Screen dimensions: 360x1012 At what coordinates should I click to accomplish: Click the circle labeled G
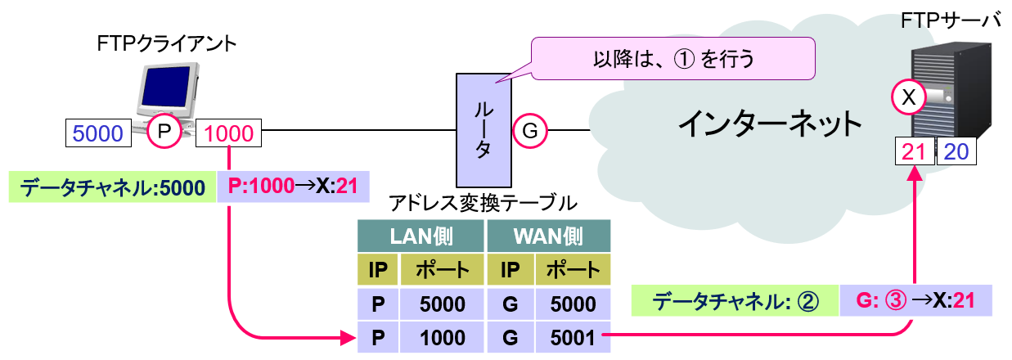tap(529, 131)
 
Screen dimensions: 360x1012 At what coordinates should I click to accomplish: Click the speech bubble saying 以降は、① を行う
tap(673, 59)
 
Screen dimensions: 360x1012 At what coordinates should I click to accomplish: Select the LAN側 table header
tap(421, 237)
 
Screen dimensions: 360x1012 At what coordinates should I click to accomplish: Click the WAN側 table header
tap(548, 237)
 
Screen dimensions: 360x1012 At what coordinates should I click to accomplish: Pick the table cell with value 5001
tap(573, 336)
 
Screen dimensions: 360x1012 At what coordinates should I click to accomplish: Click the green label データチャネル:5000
tap(112, 187)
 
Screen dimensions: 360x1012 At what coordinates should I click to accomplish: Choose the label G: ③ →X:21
tap(915, 301)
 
